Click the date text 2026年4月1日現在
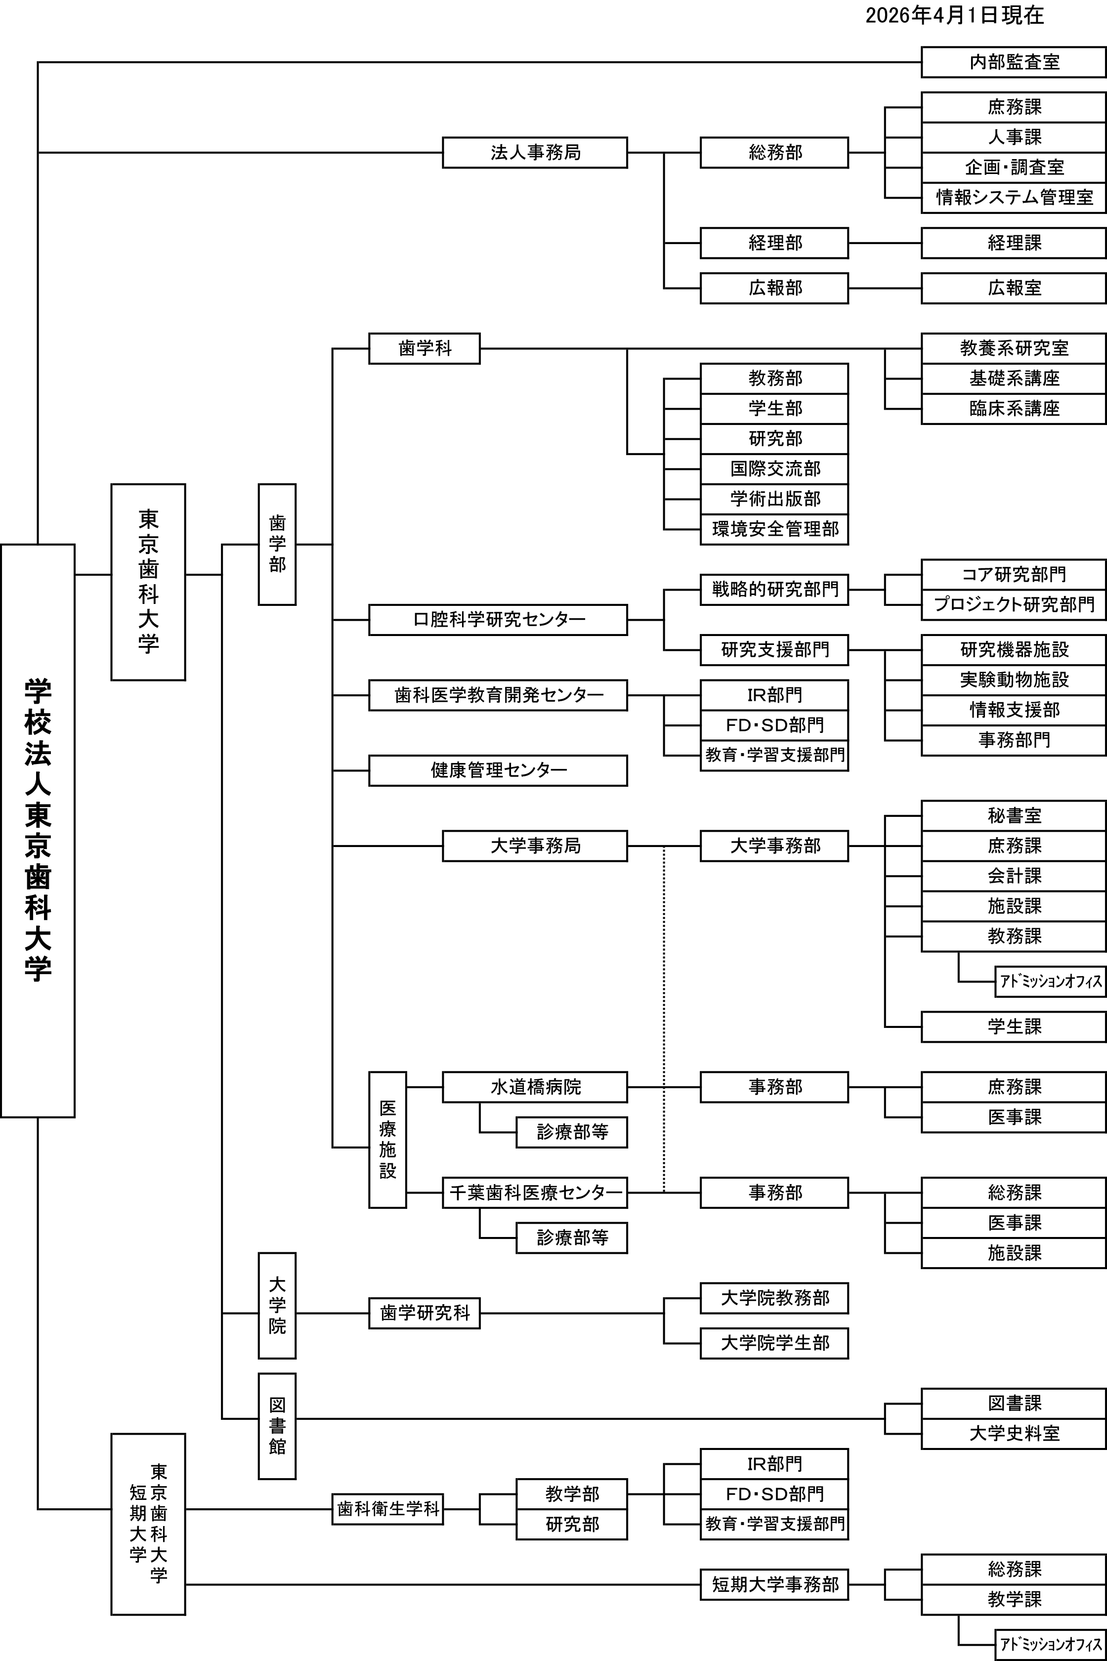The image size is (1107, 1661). [954, 15]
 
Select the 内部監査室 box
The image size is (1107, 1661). [1013, 62]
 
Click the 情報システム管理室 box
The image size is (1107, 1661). [1013, 198]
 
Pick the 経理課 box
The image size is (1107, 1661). [1013, 243]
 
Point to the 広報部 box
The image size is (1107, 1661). [774, 288]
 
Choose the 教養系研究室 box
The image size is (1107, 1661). [1013, 348]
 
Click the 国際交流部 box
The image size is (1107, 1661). [774, 468]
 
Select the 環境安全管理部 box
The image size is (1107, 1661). [774, 529]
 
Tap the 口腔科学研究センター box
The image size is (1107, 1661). [498, 620]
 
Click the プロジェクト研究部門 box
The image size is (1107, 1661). [1013, 604]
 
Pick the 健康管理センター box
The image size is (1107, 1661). [498, 770]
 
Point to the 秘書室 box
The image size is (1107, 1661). [1013, 816]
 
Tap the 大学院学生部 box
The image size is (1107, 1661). [774, 1343]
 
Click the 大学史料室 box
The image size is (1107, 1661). [1013, 1434]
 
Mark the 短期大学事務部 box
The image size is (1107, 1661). [774, 1585]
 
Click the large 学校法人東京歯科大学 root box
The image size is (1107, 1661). [38, 830]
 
